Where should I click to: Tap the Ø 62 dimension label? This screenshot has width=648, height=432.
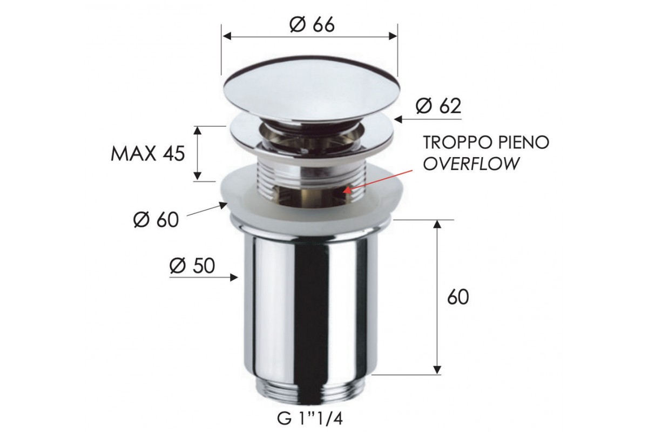click(438, 106)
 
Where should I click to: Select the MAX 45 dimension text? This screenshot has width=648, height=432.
click(147, 154)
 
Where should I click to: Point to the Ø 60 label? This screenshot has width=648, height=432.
click(156, 220)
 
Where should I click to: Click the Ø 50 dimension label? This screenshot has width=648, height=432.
click(192, 266)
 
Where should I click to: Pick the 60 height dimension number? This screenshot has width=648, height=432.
click(458, 297)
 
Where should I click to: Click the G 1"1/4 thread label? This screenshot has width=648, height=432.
click(310, 418)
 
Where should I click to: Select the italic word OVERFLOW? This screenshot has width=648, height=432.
click(471, 164)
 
